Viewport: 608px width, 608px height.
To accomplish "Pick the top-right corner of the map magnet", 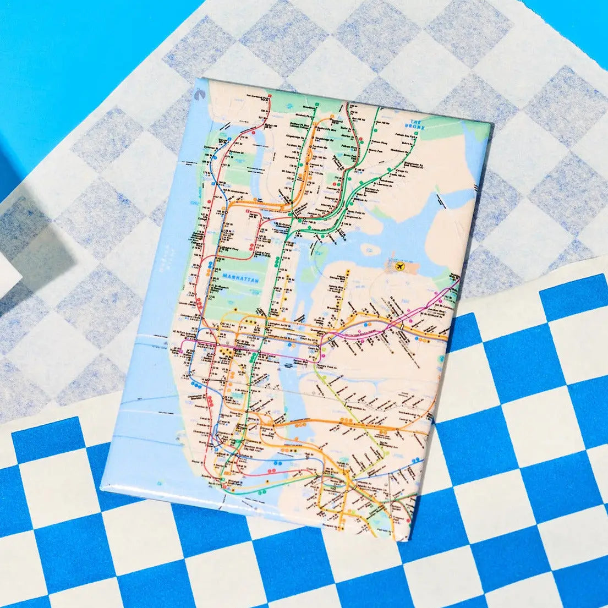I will click(x=491, y=123).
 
